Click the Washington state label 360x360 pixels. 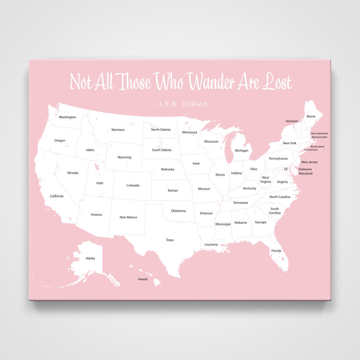[x=67, y=117]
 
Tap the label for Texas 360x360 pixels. [x=170, y=240]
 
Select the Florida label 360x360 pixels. [x=276, y=251]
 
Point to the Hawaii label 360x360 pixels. [x=143, y=279]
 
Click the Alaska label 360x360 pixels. [x=90, y=258]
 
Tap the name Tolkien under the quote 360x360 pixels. [x=194, y=104]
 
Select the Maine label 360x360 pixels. [x=311, y=116]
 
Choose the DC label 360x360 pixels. [x=286, y=168]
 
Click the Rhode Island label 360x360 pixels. [x=317, y=146]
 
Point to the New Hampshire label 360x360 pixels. [x=319, y=133]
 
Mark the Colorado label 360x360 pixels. [x=133, y=185]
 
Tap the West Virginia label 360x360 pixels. [x=265, y=179]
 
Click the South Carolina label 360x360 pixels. [x=275, y=211]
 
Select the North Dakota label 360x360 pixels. [x=161, y=130]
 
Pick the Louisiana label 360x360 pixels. [x=211, y=244]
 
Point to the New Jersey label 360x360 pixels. [x=309, y=162]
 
